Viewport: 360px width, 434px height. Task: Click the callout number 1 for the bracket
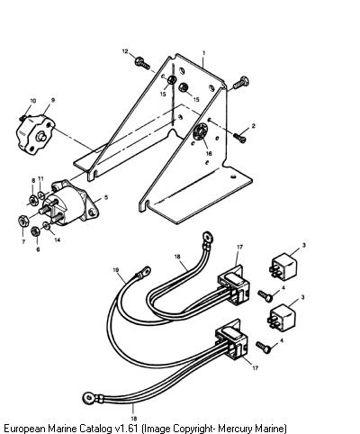204,53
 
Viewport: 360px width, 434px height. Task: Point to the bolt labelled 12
142,63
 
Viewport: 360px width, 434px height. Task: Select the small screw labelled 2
239,138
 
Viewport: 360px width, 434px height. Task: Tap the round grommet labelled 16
200,131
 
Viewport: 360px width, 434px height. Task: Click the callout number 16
209,153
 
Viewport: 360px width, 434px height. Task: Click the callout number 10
32,101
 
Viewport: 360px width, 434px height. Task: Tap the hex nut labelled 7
23,221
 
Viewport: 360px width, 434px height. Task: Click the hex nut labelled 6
36,231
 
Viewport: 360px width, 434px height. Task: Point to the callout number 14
57,240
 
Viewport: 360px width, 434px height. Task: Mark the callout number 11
40,178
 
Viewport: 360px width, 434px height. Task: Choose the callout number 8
33,180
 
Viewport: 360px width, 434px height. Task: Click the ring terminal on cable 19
144,272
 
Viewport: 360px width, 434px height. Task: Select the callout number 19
116,270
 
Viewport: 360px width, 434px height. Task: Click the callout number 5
106,197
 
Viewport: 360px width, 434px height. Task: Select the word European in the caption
23,428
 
